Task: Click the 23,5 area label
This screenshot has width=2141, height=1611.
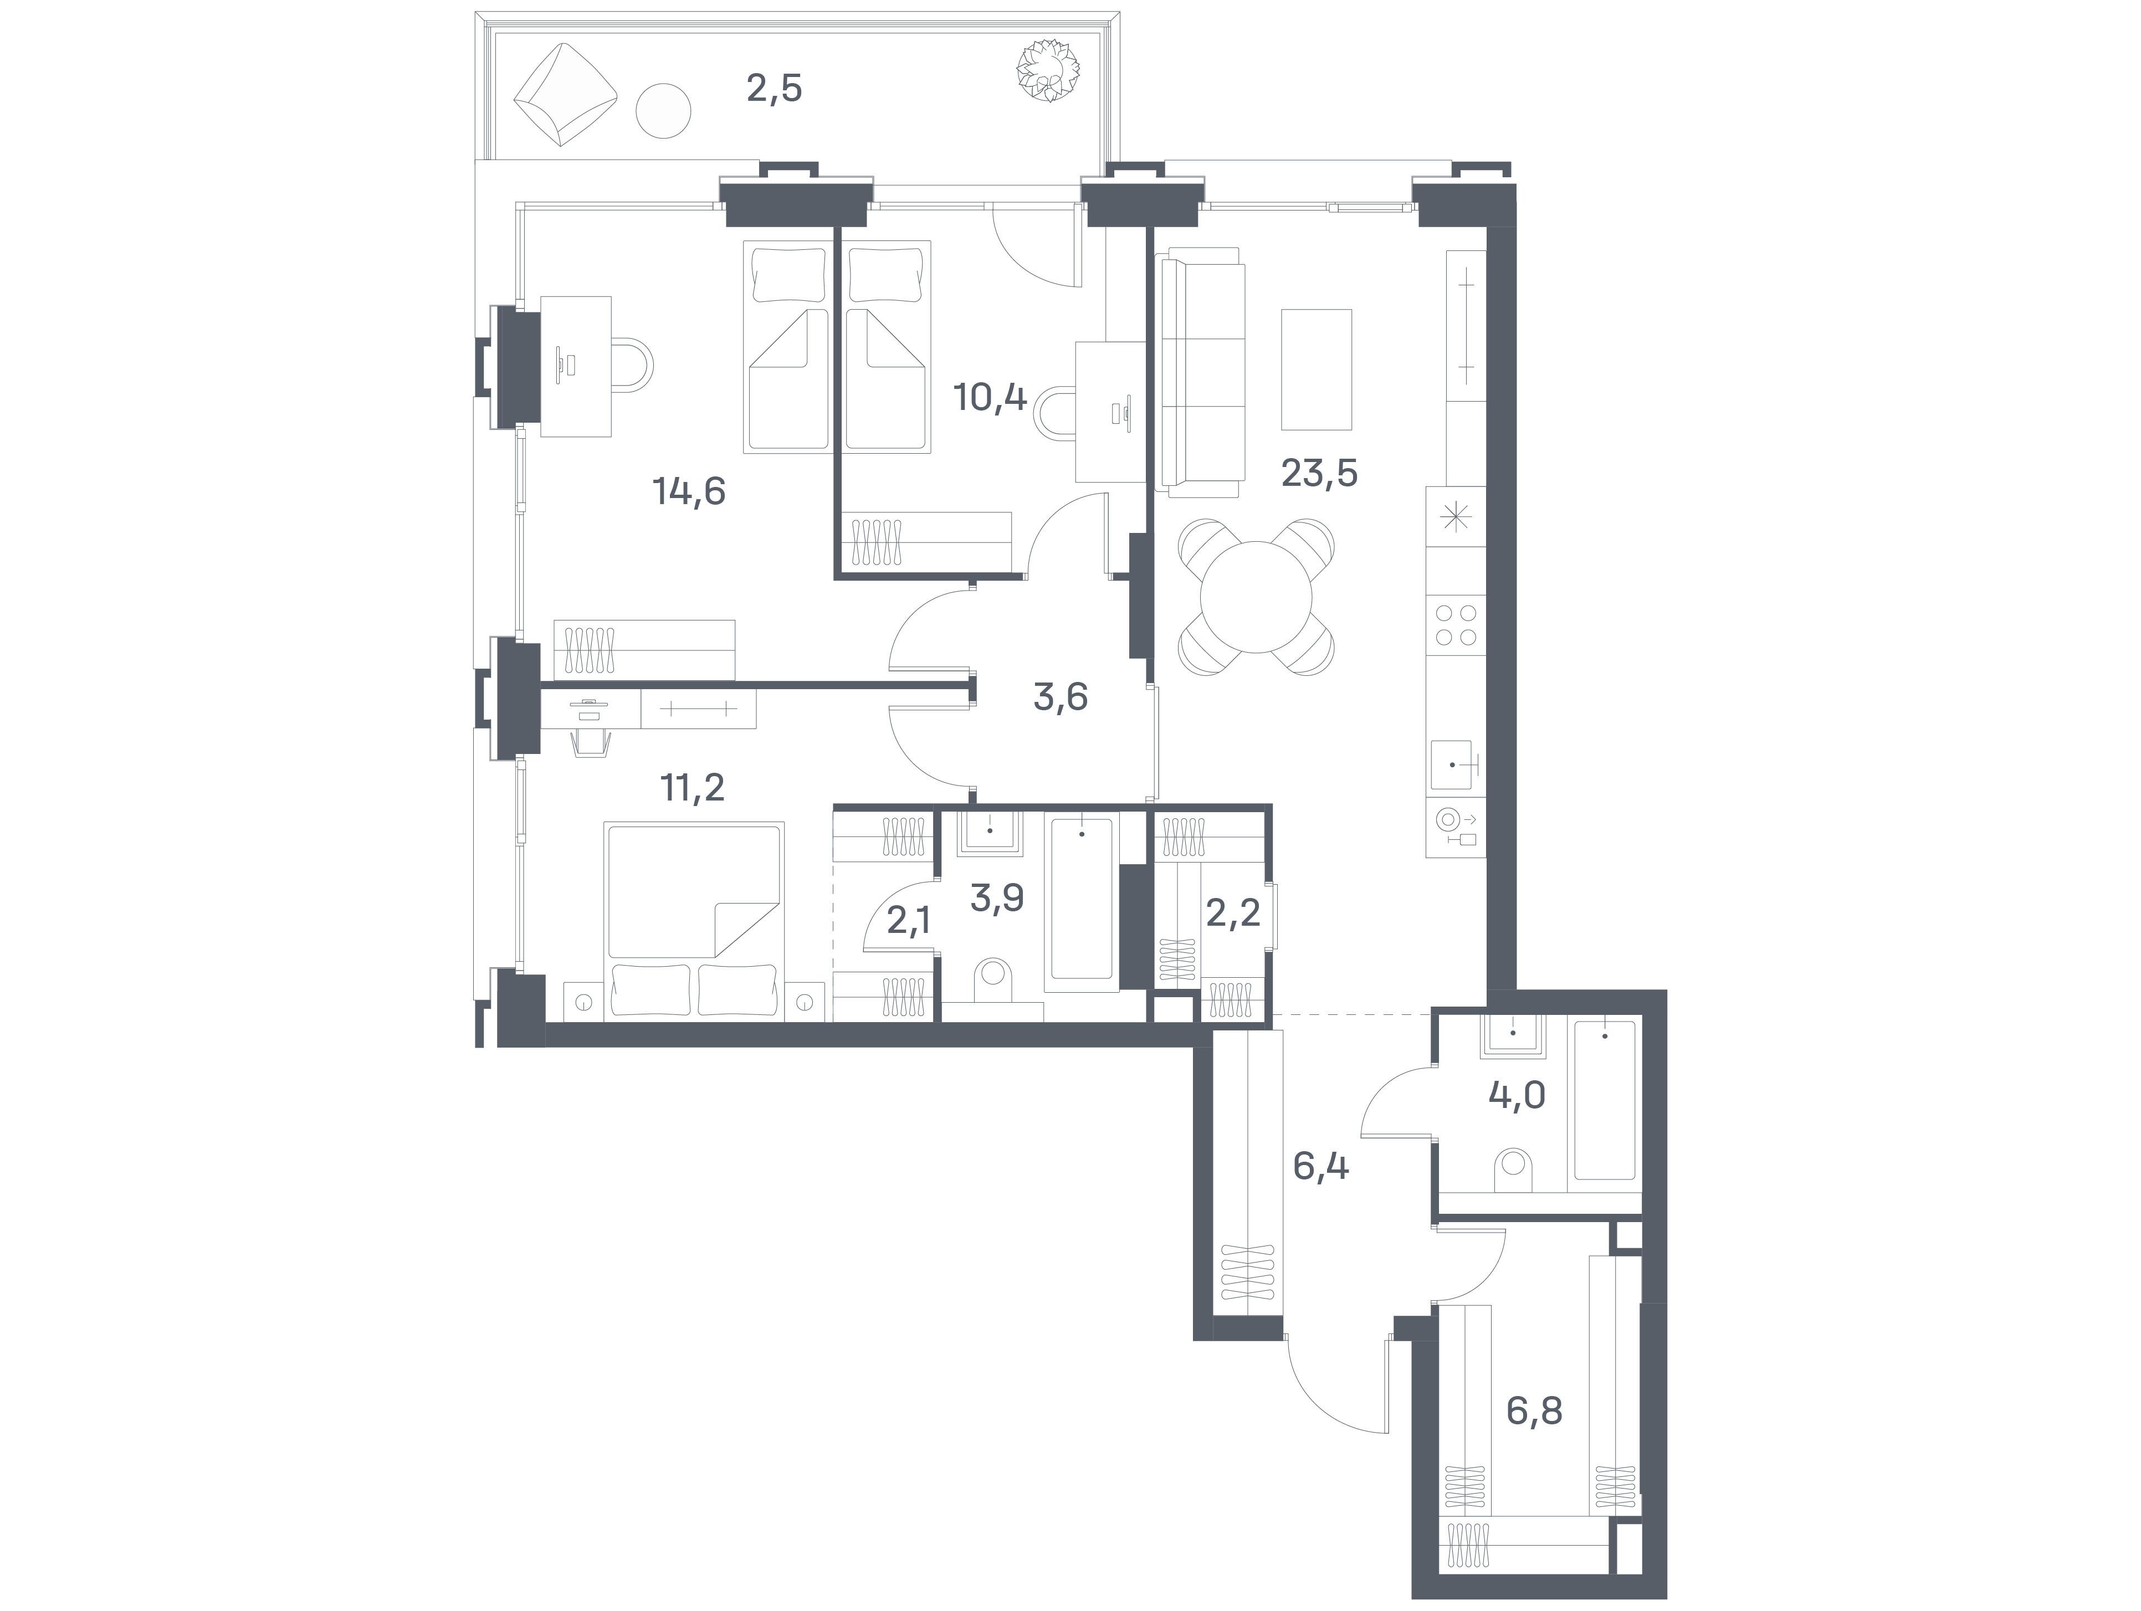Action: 1319,473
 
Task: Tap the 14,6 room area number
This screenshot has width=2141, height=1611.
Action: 689,491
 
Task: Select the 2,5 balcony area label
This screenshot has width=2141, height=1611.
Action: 774,89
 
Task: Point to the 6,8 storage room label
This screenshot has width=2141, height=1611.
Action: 1534,1412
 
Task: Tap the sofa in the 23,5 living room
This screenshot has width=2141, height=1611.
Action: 1200,372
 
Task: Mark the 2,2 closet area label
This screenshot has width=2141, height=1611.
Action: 1232,911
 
